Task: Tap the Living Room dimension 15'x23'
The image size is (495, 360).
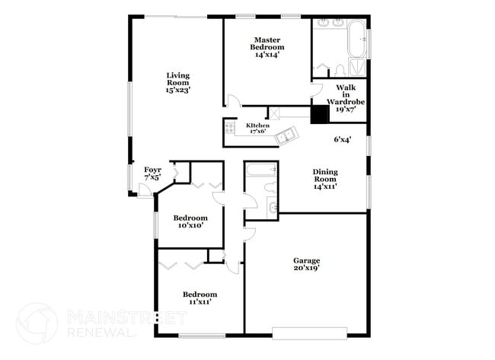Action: tap(177, 90)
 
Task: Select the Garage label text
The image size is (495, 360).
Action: tap(307, 260)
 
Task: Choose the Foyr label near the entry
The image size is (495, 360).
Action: tap(152, 170)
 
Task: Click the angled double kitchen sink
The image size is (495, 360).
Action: tap(286, 136)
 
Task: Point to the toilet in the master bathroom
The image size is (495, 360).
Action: tap(335, 71)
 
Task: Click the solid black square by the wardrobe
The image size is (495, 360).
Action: tap(319, 113)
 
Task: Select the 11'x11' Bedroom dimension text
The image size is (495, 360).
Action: tap(199, 302)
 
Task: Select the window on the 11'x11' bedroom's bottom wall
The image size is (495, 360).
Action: tap(201, 335)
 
